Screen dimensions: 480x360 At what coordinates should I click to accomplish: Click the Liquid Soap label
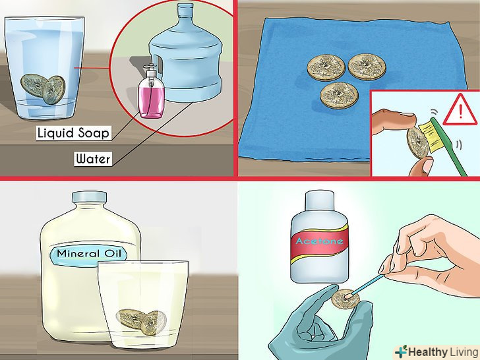click(73, 133)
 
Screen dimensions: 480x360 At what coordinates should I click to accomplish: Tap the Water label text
click(93, 159)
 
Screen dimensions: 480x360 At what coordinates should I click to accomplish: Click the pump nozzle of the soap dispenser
click(150, 69)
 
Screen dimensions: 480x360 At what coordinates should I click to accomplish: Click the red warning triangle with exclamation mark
click(460, 111)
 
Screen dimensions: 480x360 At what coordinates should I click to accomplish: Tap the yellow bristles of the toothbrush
click(431, 136)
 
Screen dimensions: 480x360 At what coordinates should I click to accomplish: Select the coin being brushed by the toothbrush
click(417, 143)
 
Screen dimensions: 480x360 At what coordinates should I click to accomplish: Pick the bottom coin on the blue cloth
click(339, 96)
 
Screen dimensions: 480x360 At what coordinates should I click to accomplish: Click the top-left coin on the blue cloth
click(326, 68)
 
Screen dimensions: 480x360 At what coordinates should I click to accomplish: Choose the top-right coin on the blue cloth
click(367, 67)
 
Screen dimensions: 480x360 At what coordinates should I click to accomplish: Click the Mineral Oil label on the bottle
click(89, 254)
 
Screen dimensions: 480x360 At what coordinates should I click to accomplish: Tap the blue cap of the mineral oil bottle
click(90, 196)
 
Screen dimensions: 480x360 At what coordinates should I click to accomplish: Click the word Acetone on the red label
click(319, 241)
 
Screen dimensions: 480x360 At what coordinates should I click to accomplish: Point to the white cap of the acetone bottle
click(319, 200)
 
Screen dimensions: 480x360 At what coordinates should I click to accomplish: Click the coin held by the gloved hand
click(345, 299)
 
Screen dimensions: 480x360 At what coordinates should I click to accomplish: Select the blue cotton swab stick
click(365, 286)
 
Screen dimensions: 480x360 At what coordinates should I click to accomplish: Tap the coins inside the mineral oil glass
click(142, 322)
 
